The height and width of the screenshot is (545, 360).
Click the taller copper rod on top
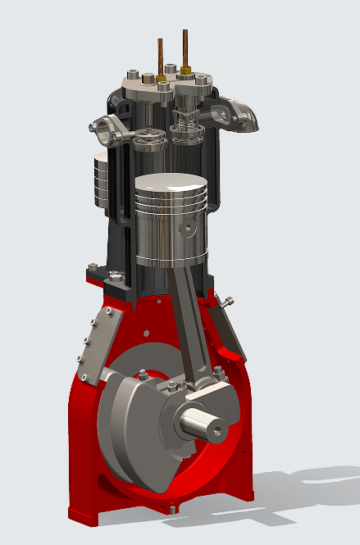tap(186, 49)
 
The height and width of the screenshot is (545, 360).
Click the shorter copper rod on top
tap(161, 57)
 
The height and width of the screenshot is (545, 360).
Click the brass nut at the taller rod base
tap(187, 72)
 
